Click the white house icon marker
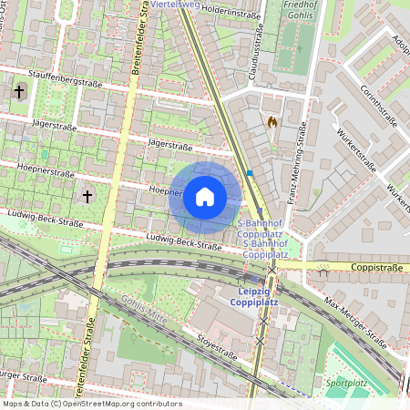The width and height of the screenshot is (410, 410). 205,197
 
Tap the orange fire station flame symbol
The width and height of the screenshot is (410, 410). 271,120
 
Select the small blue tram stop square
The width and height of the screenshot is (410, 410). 250,172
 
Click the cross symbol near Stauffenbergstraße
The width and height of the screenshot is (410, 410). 20,91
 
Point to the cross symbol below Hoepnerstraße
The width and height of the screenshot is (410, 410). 87,196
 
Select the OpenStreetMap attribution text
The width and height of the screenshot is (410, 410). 91,403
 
